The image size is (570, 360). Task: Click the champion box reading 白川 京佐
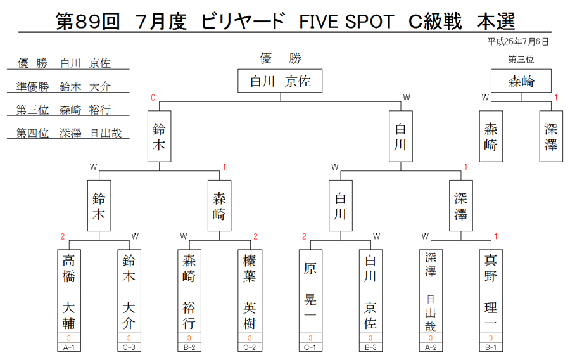pyautogui.click(x=280, y=80)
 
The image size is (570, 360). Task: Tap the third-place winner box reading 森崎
pyautogui.click(x=521, y=80)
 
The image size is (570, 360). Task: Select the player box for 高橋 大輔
pyautogui.click(x=68, y=291)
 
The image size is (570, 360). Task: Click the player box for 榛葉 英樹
pyautogui.click(x=250, y=291)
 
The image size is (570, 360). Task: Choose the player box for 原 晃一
pyautogui.click(x=310, y=291)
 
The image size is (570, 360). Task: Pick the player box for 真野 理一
pyautogui.click(x=491, y=291)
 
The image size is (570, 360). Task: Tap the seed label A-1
pyautogui.click(x=68, y=347)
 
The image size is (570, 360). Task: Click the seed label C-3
pyautogui.click(x=129, y=347)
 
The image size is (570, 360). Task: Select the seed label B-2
pyautogui.click(x=189, y=347)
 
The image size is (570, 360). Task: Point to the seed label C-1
pyautogui.click(x=310, y=347)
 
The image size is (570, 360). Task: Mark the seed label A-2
pyautogui.click(x=431, y=347)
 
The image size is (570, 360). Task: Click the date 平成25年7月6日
pyautogui.click(x=517, y=42)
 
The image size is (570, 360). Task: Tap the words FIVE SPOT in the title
pyautogui.click(x=346, y=22)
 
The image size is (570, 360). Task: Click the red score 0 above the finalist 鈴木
pyautogui.click(x=153, y=98)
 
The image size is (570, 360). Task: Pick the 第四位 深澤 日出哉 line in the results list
pyautogui.click(x=68, y=133)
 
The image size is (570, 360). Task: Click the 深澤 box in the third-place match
pyautogui.click(x=551, y=136)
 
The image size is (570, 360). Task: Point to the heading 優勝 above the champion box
pyautogui.click(x=281, y=58)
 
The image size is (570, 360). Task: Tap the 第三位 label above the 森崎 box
pyautogui.click(x=521, y=60)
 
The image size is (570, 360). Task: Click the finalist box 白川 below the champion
pyautogui.click(x=401, y=136)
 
